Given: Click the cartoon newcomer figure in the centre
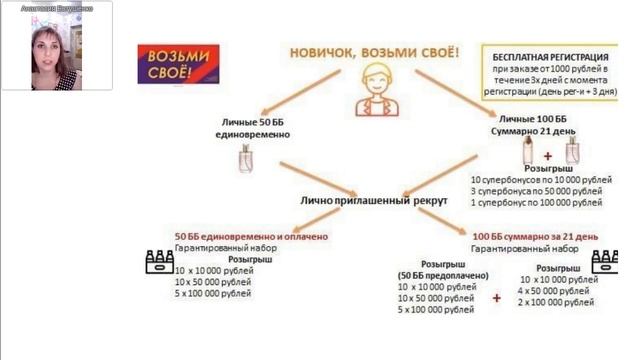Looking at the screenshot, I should (375, 91).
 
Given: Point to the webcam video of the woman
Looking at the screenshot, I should (57, 48).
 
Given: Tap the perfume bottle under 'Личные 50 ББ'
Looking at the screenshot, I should (246, 159).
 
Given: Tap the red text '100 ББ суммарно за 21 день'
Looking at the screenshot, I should (535, 235).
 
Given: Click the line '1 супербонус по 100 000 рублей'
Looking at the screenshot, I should (536, 202).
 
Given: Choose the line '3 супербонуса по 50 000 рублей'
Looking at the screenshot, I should (536, 190).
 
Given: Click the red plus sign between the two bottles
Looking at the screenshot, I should (547, 156).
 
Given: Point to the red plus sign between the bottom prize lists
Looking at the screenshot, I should (496, 298).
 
